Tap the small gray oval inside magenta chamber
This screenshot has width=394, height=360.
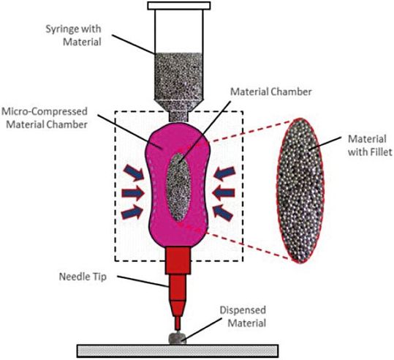[x=179, y=186]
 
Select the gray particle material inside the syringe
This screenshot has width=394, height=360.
[x=179, y=73]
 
